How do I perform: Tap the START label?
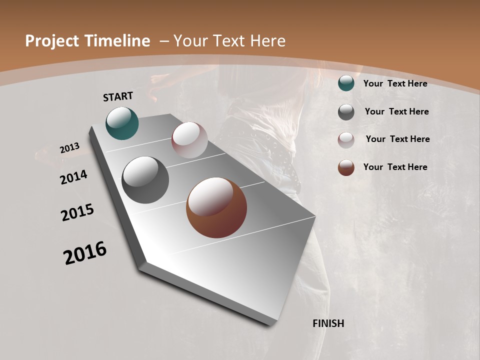[x=118, y=96]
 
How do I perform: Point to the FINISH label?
[x=328, y=323]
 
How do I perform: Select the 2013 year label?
[x=69, y=148]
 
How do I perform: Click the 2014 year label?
[x=74, y=177]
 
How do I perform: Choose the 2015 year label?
[x=77, y=212]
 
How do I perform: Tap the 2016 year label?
[x=85, y=253]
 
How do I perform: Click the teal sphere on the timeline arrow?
[x=122, y=123]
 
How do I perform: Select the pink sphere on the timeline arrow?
[x=189, y=140]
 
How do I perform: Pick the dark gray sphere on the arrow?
[x=145, y=180]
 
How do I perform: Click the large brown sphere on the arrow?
[x=216, y=207]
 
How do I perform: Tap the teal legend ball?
[x=346, y=83]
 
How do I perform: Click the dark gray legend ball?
[x=346, y=111]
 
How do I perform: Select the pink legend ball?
[x=346, y=139]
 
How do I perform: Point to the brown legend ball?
[x=346, y=167]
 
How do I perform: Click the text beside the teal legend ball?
[x=395, y=83]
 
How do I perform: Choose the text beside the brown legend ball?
[x=395, y=167]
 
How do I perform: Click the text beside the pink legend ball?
[x=397, y=139]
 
